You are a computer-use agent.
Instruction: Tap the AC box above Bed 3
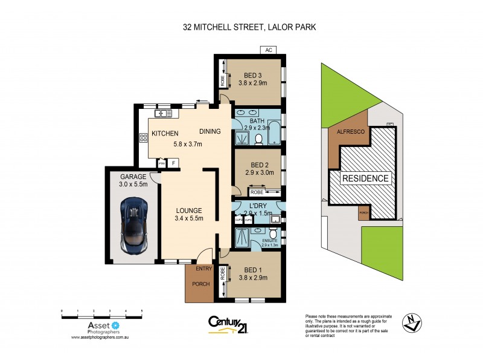pos(268,50)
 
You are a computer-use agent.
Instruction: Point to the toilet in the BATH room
pos(258,140)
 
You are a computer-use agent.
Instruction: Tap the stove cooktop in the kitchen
pos(144,139)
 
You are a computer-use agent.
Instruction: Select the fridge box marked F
pos(174,163)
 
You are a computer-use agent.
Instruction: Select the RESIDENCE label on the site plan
pos(365,178)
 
